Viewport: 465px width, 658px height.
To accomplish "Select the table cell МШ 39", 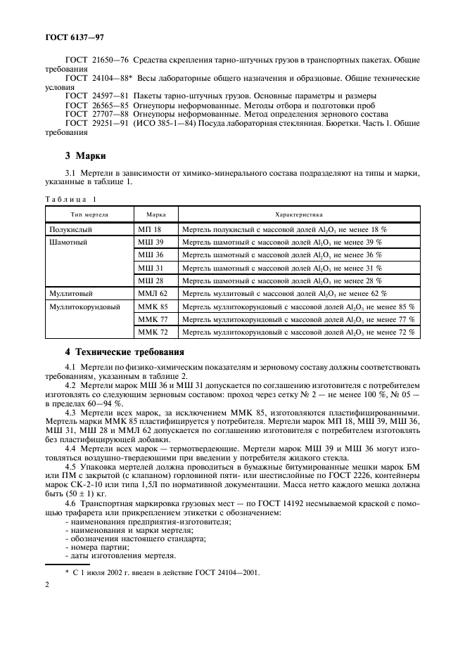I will [150, 242].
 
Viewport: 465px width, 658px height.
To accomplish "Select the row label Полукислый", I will [71, 229].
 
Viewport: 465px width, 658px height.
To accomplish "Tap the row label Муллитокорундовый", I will [84, 307].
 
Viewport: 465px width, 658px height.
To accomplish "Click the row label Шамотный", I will [68, 242].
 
